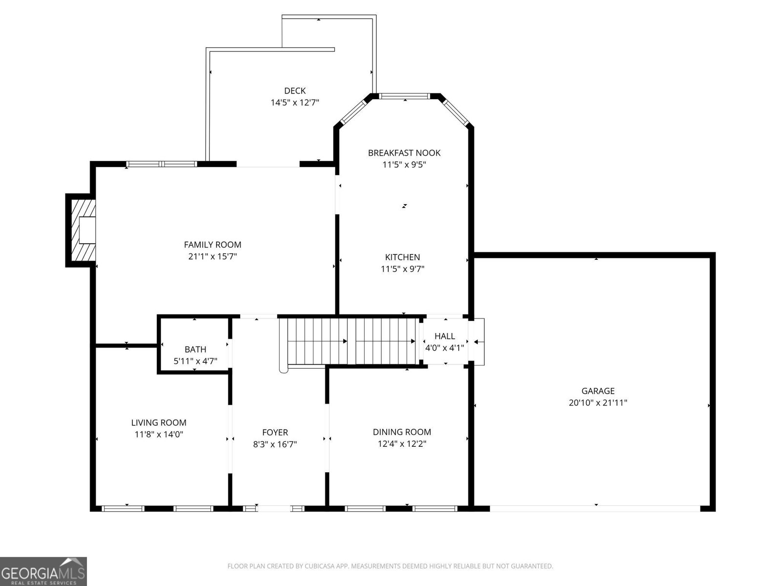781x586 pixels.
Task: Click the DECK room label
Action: (295, 91)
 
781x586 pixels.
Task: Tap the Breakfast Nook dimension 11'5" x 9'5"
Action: (404, 165)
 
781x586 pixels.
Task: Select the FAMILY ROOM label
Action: (212, 245)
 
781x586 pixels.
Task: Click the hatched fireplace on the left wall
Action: (82, 230)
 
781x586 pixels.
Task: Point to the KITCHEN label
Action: (402, 257)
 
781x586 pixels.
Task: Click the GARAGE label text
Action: (597, 391)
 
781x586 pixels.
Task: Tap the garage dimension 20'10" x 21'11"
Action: (597, 403)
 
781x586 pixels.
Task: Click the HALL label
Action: (444, 336)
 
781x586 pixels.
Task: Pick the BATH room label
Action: (195, 350)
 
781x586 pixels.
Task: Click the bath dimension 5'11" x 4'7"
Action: (195, 361)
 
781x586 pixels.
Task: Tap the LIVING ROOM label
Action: (159, 423)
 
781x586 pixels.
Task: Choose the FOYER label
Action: (275, 433)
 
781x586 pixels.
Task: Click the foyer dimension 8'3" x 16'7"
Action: (275, 444)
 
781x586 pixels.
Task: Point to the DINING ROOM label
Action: (402, 432)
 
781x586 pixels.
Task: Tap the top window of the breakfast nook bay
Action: (405, 96)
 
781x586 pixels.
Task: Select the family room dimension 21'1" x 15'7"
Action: (212, 256)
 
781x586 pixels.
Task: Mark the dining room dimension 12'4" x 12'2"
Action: (402, 444)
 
